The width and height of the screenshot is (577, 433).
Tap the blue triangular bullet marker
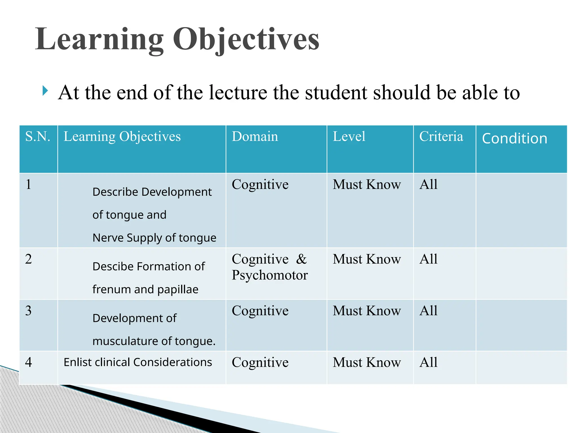tap(45, 91)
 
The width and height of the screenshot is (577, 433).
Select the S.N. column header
tap(38, 136)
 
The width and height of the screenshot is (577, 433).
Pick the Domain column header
tap(255, 136)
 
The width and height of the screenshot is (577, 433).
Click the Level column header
tap(349, 136)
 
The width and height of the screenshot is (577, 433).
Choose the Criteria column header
tap(441, 136)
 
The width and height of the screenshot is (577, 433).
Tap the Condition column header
tap(514, 138)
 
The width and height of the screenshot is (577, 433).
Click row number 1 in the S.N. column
tap(28, 184)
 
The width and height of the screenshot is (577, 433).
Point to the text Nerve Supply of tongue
tap(154, 238)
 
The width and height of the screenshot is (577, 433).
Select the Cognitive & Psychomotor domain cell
tap(269, 267)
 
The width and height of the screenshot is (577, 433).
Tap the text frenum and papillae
tap(145, 290)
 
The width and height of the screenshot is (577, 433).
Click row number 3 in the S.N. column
tap(28, 311)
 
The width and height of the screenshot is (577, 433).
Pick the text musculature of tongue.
tap(154, 341)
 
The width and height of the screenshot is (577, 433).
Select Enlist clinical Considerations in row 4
tap(137, 362)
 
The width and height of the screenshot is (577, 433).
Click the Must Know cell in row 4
tap(367, 363)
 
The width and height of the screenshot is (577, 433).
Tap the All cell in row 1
tap(428, 184)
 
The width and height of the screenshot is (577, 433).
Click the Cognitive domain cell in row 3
tap(260, 311)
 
